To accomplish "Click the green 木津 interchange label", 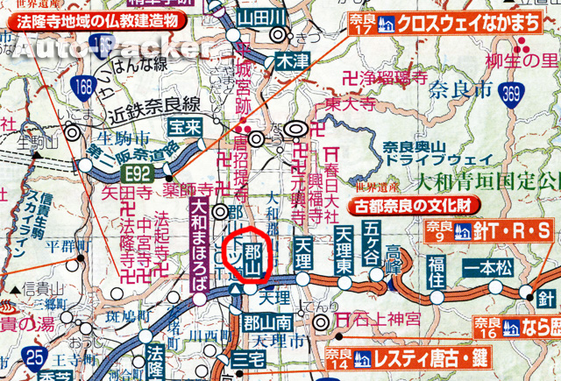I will (288, 61).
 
